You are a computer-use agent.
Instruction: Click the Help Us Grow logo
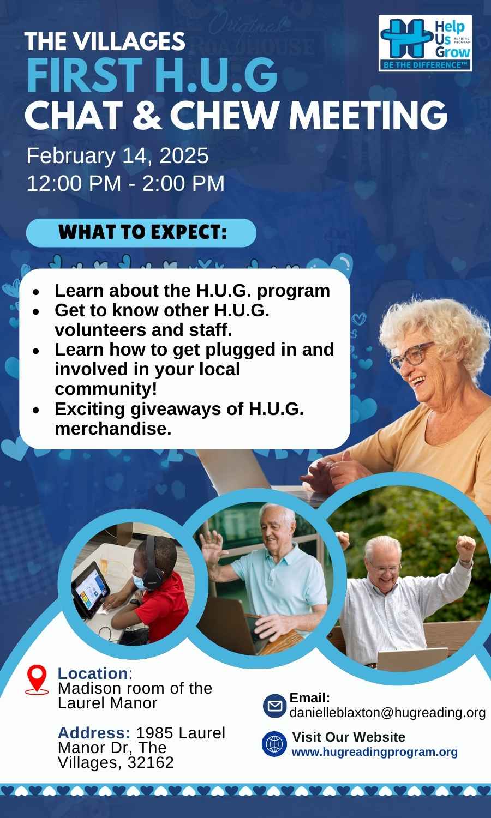pos(425,43)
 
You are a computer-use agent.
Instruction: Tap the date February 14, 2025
pos(117,156)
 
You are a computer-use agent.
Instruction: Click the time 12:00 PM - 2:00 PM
pos(125,183)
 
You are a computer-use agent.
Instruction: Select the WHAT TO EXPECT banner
pos(141,233)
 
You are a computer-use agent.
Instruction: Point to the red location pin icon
pos(37,679)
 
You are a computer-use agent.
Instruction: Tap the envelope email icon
pos(275,706)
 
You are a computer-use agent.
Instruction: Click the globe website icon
pos(274,744)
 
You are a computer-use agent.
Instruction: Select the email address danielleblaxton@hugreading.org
pos(387,712)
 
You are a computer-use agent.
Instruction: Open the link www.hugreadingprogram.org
pos(374,752)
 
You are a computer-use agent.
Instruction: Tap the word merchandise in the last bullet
pos(113,429)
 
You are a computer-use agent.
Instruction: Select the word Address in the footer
pos(94,733)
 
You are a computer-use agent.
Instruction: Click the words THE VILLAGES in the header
pos(105,41)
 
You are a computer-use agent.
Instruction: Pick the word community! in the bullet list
pos(106,389)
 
